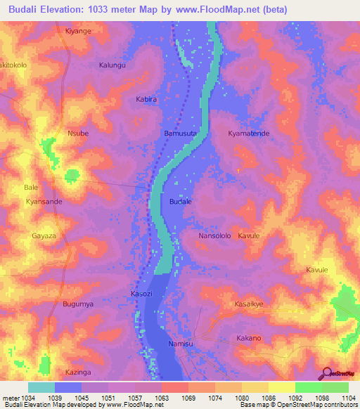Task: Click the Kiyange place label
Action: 78,32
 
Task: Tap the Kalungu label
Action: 112,65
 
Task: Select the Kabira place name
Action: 146,100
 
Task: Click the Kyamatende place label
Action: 249,133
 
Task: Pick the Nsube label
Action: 77,133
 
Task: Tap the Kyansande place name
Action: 44,201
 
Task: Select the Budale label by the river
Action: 181,201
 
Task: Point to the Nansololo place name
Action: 214,236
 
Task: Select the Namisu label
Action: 181,344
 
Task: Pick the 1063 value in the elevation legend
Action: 162,397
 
